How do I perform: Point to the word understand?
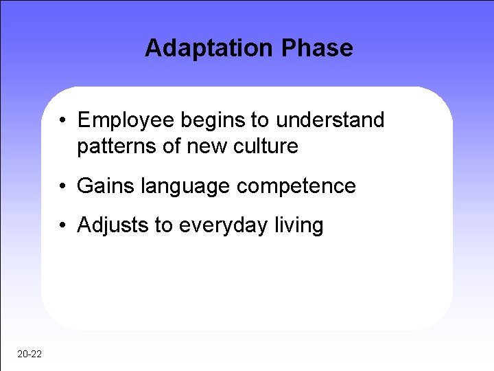pos(331,120)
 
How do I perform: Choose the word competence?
pos(294,186)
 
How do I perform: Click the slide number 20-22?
pos(29,354)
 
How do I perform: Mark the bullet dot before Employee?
pos(62,122)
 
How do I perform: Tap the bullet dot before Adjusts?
pos(62,226)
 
